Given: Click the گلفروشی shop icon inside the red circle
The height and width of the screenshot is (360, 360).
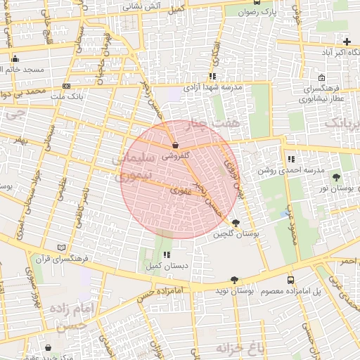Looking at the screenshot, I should coord(174,146).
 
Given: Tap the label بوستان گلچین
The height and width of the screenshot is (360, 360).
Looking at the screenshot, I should coord(236,233).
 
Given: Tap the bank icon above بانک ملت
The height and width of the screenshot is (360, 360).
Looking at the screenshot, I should coord(66,86).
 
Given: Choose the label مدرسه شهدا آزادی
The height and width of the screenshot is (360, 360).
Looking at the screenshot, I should coord(212,88).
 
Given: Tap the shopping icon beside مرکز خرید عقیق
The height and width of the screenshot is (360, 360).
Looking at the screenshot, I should coord(49,347).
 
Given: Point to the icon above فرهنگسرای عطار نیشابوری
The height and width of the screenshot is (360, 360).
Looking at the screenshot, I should coord(321,78).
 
